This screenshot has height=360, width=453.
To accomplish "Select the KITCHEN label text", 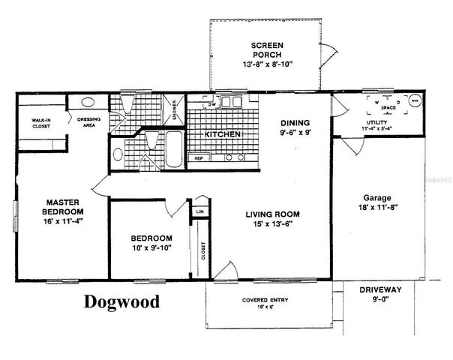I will (x=223, y=134).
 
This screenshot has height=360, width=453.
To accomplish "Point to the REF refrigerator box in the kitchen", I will (x=199, y=158).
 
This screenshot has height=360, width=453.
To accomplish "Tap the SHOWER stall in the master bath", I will (x=175, y=110).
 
